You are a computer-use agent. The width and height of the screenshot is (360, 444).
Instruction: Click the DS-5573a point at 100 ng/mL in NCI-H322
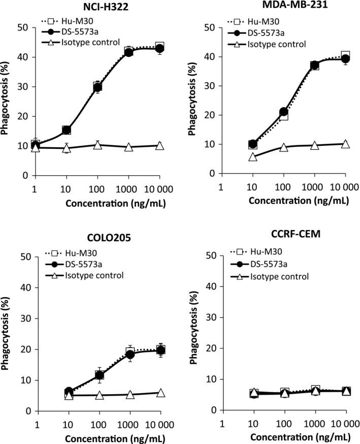pos(97,87)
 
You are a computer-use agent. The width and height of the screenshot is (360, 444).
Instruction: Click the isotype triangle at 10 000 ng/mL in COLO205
pos(160,393)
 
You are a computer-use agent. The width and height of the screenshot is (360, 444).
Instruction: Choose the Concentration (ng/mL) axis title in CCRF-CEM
pos(285,436)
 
